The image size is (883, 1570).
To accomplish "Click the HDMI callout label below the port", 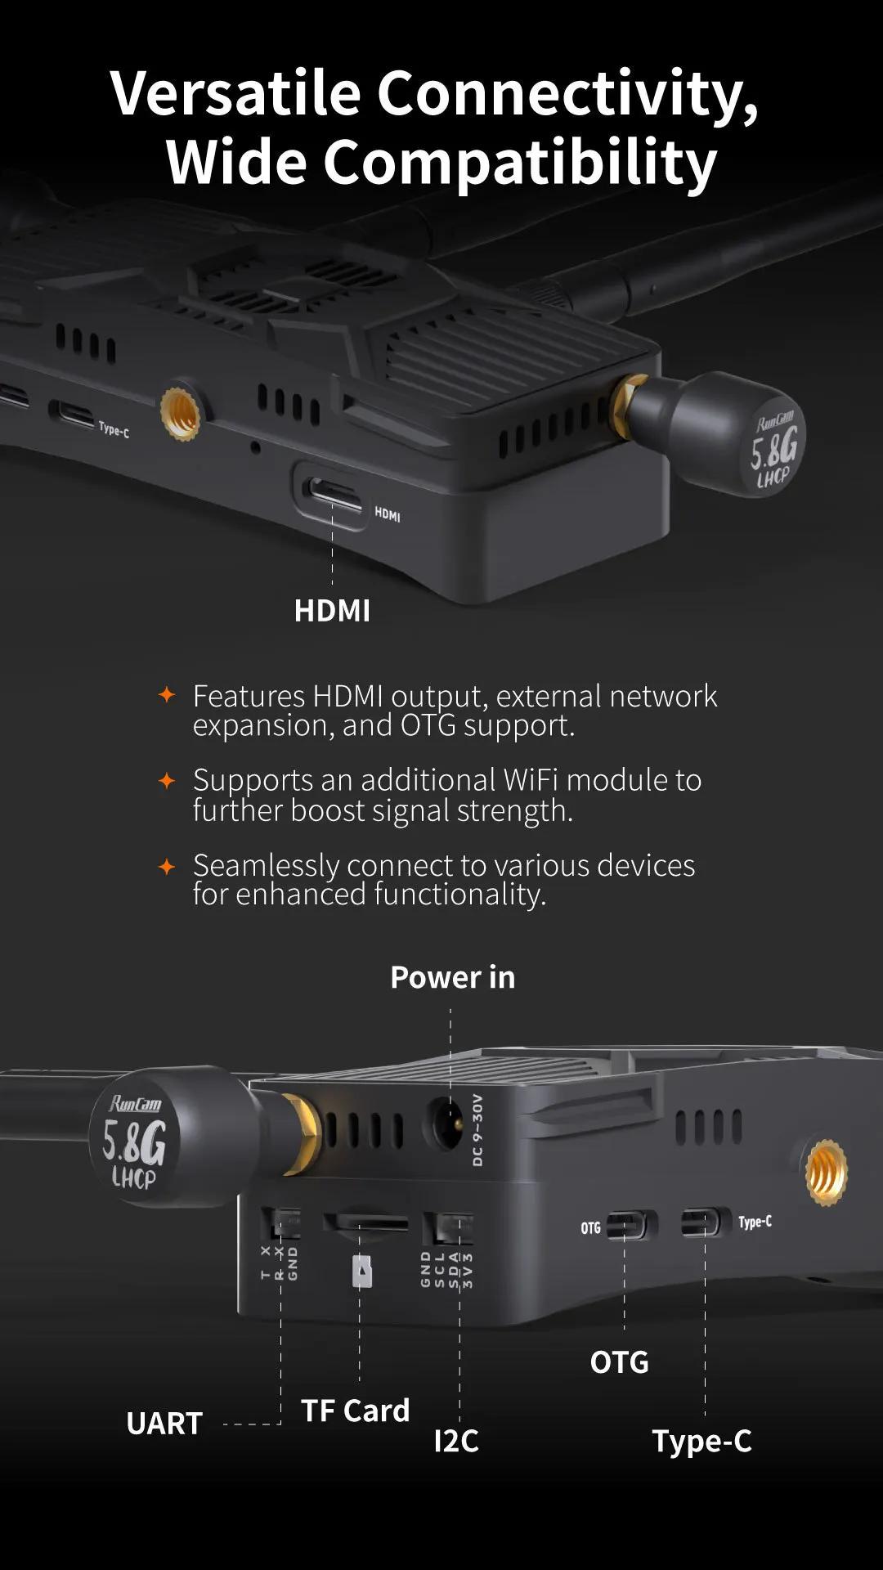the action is pos(332,611).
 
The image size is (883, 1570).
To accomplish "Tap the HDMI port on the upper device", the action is pos(332,493).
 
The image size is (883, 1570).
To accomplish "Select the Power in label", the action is pos(453,977).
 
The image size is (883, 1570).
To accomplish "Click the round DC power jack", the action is pos(443,1124).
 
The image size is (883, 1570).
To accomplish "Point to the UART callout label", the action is pos(164,1424).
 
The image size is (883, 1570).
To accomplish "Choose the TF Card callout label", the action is pos(355,1411).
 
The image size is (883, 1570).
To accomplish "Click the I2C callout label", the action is pos(456,1441).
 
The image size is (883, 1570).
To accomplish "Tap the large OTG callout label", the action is pos(620,1362).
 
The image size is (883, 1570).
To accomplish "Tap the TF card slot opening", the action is pos(365,1223).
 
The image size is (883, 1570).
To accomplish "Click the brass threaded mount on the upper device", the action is pos(181,413).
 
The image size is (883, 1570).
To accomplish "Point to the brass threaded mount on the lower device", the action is pos(826,1173).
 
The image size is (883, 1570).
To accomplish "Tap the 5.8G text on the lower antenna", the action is pos(133,1142).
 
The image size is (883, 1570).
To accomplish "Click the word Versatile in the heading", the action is pos(235,92).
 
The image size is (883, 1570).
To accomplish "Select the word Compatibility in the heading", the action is pos(520,163).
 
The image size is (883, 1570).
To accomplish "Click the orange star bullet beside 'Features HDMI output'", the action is pos(167,695).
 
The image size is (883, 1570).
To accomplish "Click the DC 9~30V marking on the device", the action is pos(477,1130).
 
